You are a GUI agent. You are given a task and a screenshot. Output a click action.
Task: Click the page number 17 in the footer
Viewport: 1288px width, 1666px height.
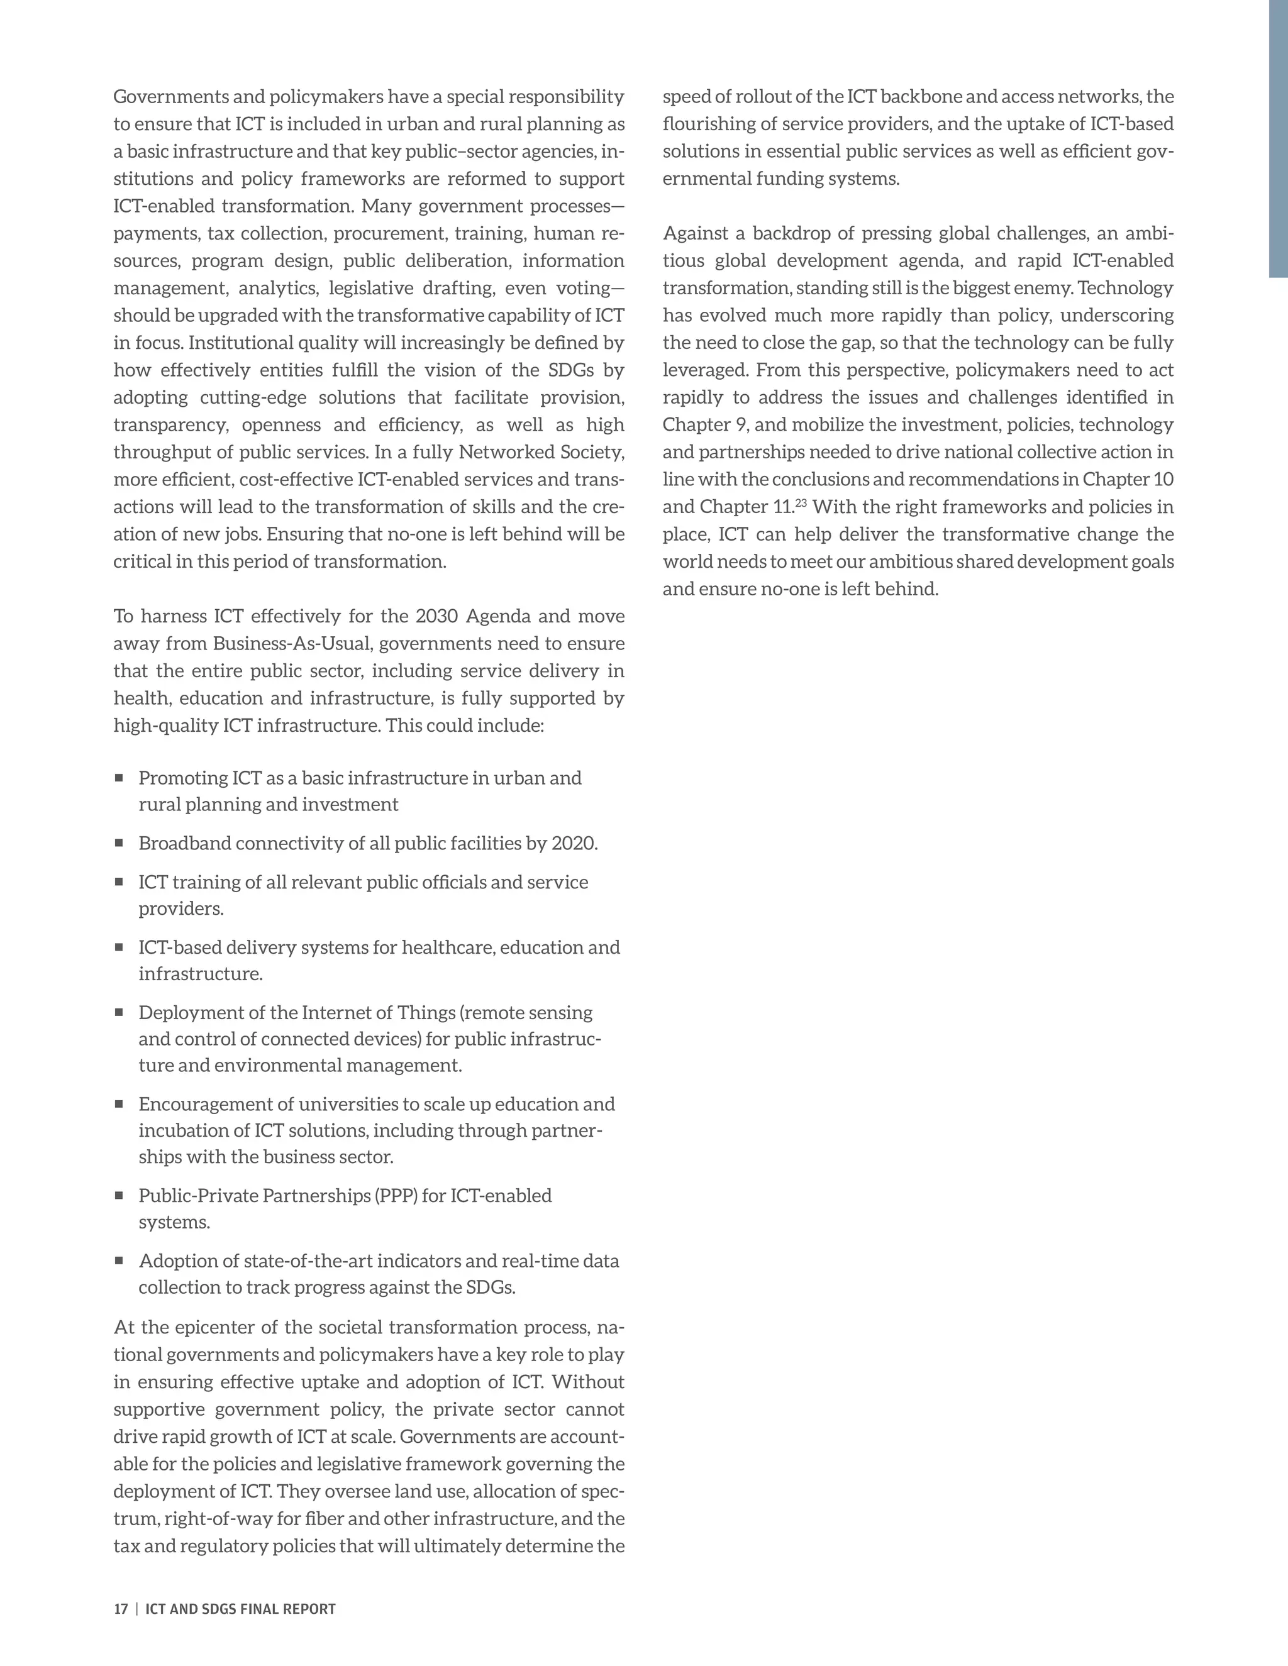point(121,1609)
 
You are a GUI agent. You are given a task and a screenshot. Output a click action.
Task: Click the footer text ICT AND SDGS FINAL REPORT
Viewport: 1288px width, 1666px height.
point(240,1609)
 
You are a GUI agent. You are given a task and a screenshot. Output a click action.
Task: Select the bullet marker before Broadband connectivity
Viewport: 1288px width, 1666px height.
point(119,843)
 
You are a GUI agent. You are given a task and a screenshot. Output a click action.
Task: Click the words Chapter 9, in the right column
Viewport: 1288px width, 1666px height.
point(705,425)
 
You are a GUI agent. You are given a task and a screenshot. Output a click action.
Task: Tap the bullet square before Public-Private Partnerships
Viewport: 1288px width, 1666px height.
point(119,1195)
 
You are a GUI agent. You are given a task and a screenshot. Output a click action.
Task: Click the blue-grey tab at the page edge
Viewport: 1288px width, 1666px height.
point(1278,137)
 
